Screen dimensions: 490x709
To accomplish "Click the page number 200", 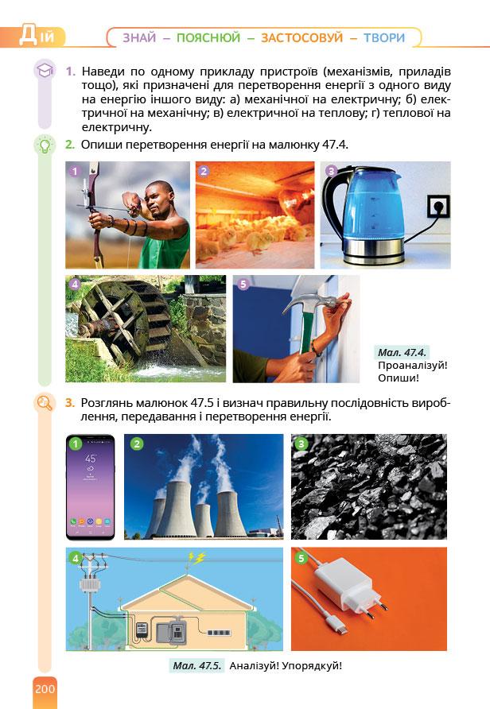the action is [x=45, y=688].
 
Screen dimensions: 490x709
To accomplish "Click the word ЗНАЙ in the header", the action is [x=139, y=37].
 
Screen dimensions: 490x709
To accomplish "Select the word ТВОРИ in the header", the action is [x=384, y=37].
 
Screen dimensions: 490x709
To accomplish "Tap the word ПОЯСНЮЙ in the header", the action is [x=208, y=37].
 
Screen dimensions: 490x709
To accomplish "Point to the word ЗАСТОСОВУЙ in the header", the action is [x=301, y=37].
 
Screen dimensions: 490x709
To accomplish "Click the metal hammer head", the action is [x=312, y=301].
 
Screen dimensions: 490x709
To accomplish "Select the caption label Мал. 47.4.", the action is [x=402, y=352].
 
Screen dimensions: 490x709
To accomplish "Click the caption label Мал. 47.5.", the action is [x=196, y=665].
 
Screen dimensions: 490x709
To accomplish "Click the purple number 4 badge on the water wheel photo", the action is [x=75, y=284].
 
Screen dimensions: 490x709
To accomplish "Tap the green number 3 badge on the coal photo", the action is [x=301, y=444].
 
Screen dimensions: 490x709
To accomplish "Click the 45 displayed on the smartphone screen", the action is [x=90, y=459].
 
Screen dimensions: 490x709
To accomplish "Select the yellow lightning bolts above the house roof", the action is [x=196, y=559].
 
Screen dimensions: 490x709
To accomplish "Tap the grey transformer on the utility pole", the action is [x=90, y=586].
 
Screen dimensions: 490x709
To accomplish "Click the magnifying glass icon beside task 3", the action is [x=45, y=402].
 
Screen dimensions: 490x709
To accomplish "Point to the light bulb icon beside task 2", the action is [x=45, y=145].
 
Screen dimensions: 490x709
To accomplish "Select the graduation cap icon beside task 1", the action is [x=45, y=71].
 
